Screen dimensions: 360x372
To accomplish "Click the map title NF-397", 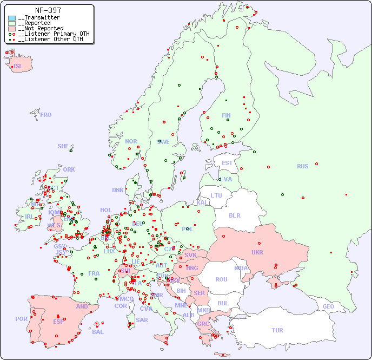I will point(48,10).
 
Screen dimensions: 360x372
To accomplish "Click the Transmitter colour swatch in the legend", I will point(12,18).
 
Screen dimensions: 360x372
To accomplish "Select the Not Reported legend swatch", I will point(12,29).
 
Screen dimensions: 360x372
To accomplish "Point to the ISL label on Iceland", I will point(18,67).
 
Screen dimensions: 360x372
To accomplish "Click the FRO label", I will point(46,115).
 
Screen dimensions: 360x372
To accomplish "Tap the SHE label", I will point(63,146).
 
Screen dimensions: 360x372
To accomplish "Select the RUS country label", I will point(302,166).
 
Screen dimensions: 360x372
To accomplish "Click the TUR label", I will point(277,330).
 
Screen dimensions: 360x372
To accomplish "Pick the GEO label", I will point(328,306).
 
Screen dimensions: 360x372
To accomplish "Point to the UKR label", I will point(257,252).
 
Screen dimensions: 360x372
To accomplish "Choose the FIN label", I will point(226,115).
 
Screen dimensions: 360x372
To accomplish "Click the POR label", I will point(21,319).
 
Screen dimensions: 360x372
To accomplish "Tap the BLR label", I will point(235,215).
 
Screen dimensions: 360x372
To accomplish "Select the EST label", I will point(227,163).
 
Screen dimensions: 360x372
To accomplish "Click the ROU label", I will point(221,279).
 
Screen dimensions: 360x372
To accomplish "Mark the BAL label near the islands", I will point(98,332).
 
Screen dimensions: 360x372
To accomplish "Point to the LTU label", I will point(216,195).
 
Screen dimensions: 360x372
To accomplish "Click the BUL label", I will point(223,303).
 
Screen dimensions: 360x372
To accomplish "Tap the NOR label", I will point(131,141).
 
